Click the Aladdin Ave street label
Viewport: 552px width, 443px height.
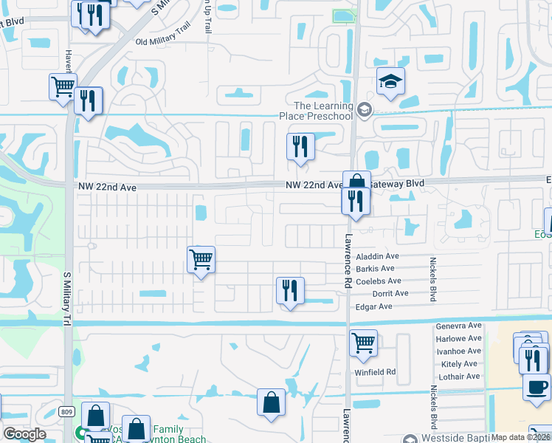376,256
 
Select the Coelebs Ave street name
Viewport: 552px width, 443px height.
378,281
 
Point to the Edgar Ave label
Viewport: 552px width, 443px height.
373,306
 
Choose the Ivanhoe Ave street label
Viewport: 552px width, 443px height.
458,351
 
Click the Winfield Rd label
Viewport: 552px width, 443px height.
375,371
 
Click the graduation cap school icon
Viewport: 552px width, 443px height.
391,82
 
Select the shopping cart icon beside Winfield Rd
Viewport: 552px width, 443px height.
363,343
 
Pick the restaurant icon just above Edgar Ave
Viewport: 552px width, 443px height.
290,290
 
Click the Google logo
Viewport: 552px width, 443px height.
24,434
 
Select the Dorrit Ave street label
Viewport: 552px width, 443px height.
390,293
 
